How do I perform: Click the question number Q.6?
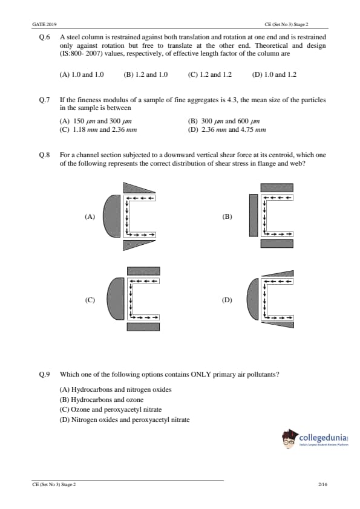[x=44, y=37]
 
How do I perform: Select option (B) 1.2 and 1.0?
[x=146, y=74]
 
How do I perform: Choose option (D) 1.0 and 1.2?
[x=274, y=74]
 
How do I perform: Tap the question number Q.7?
[x=44, y=100]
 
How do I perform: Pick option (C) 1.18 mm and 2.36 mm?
[x=98, y=129]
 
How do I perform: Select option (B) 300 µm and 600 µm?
[x=224, y=121]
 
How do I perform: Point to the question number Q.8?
[x=44, y=155]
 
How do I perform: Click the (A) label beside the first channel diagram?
[x=90, y=216]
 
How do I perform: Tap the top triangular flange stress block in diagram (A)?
[x=135, y=188]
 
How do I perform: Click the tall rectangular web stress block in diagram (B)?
[x=254, y=215]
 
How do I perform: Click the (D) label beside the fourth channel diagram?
[x=227, y=300]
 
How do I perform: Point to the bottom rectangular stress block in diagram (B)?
[x=277, y=244]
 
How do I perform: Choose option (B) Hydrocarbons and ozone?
[x=102, y=400]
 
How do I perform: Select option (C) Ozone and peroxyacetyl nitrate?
[x=111, y=409]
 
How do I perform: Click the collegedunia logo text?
[x=323, y=437]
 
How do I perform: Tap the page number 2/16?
[x=323, y=484]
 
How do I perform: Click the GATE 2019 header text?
[x=44, y=24]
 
